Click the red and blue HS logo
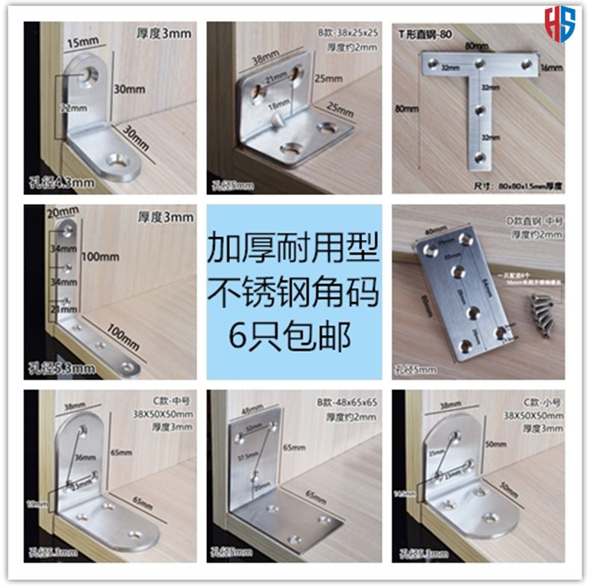[560, 22]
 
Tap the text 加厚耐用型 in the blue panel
[294, 247]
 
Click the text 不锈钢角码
[294, 292]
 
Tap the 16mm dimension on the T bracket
[550, 67]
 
